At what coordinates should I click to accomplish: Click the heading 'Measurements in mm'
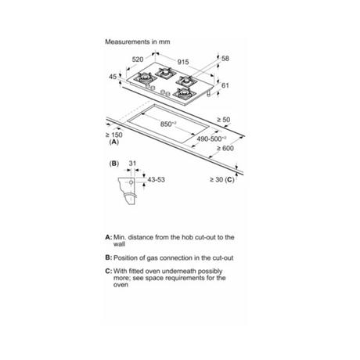tap(138, 41)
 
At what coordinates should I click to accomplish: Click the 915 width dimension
tap(183, 62)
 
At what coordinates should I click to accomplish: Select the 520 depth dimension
tap(138, 59)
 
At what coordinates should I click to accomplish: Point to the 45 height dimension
tap(113, 77)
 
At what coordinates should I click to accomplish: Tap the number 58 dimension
tap(225, 59)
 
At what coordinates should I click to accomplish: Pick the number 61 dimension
tap(225, 85)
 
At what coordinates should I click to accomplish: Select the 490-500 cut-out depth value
tap(211, 139)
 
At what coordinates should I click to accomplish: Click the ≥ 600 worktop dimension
tap(225, 148)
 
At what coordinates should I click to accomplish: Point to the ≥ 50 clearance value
tap(224, 120)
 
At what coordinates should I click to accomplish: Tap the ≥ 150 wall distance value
tap(113, 135)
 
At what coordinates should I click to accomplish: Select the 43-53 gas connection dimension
tap(157, 179)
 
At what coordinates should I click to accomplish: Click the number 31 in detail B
tap(132, 164)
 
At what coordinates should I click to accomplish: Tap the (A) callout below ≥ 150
tap(113, 142)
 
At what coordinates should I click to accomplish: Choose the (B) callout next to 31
tap(114, 164)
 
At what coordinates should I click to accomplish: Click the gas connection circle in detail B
tap(131, 182)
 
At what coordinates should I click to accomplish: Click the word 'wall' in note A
tap(119, 244)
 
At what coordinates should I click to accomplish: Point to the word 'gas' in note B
tap(152, 258)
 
